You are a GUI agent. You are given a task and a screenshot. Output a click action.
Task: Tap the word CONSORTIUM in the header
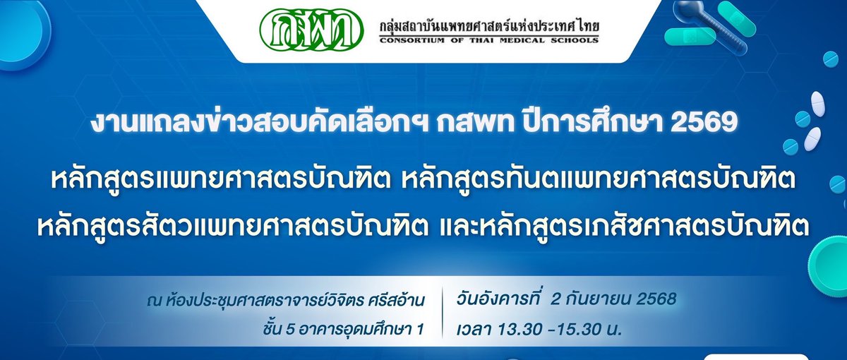coord(410,40)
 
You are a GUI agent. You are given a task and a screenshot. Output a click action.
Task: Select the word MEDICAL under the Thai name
coord(515,40)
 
